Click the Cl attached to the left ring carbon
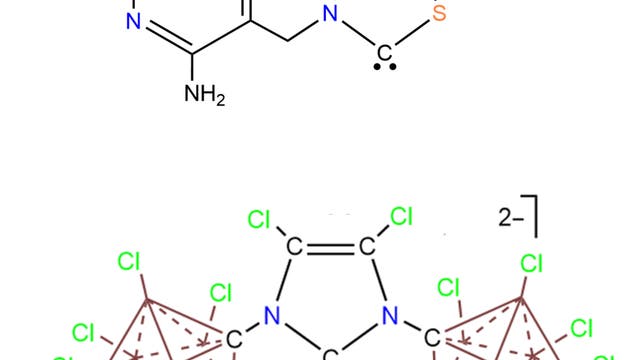tap(259, 217)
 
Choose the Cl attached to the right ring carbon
tap(401, 217)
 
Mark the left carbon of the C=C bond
tap(294, 246)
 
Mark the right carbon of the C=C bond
tap(366, 246)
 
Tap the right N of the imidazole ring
tap(391, 318)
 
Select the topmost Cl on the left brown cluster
tap(129, 263)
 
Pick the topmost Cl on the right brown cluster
tap(531, 264)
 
